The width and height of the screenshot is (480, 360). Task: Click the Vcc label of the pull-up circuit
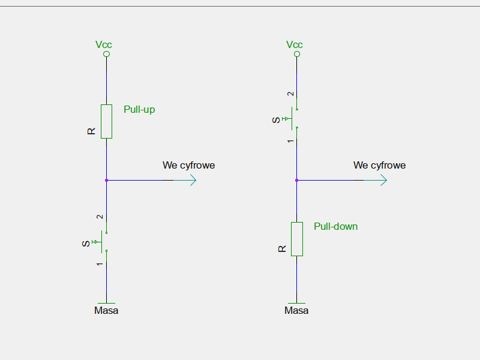104,44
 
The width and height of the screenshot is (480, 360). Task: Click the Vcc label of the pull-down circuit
295,44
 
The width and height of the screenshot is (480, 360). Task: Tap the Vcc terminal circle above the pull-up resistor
106,54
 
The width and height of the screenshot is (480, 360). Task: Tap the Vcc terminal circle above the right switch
296,54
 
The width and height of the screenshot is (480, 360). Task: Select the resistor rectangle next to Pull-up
106,121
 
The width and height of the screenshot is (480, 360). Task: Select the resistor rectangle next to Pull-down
296,239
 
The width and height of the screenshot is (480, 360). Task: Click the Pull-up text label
139,110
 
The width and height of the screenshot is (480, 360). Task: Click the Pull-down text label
335,226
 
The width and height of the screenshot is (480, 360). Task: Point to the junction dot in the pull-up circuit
106,180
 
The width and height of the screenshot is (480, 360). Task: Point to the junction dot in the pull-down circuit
296,180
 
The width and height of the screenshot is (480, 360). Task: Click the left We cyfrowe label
188,165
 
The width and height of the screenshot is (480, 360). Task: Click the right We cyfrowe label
379,165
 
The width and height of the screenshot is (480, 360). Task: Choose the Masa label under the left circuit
106,311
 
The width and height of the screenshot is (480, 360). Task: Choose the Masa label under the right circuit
296,311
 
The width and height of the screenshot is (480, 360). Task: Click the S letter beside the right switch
276,120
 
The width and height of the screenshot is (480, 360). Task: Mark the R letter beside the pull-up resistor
91,131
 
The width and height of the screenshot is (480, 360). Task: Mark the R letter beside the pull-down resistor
282,248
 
